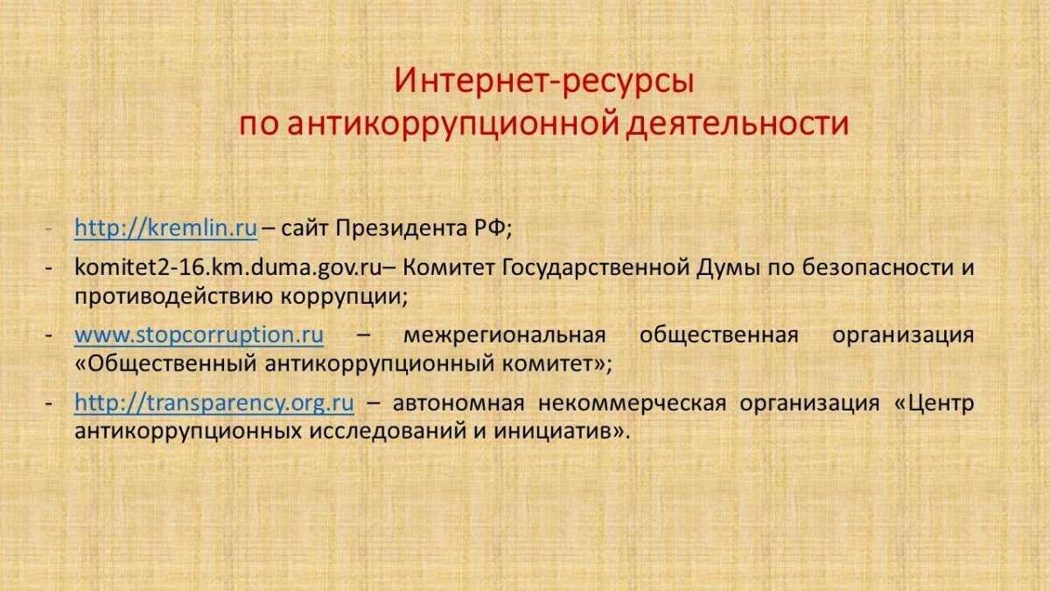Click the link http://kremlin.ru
[x=166, y=229]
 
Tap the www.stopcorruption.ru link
[x=199, y=335]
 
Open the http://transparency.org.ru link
[x=214, y=404]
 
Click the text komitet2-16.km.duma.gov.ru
[x=228, y=268]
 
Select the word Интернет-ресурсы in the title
[x=543, y=81]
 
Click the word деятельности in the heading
[x=738, y=123]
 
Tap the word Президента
[x=402, y=229]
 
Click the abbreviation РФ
[x=490, y=229]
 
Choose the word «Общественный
[x=166, y=364]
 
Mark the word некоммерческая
[x=632, y=404]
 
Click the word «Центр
[x=934, y=404]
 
